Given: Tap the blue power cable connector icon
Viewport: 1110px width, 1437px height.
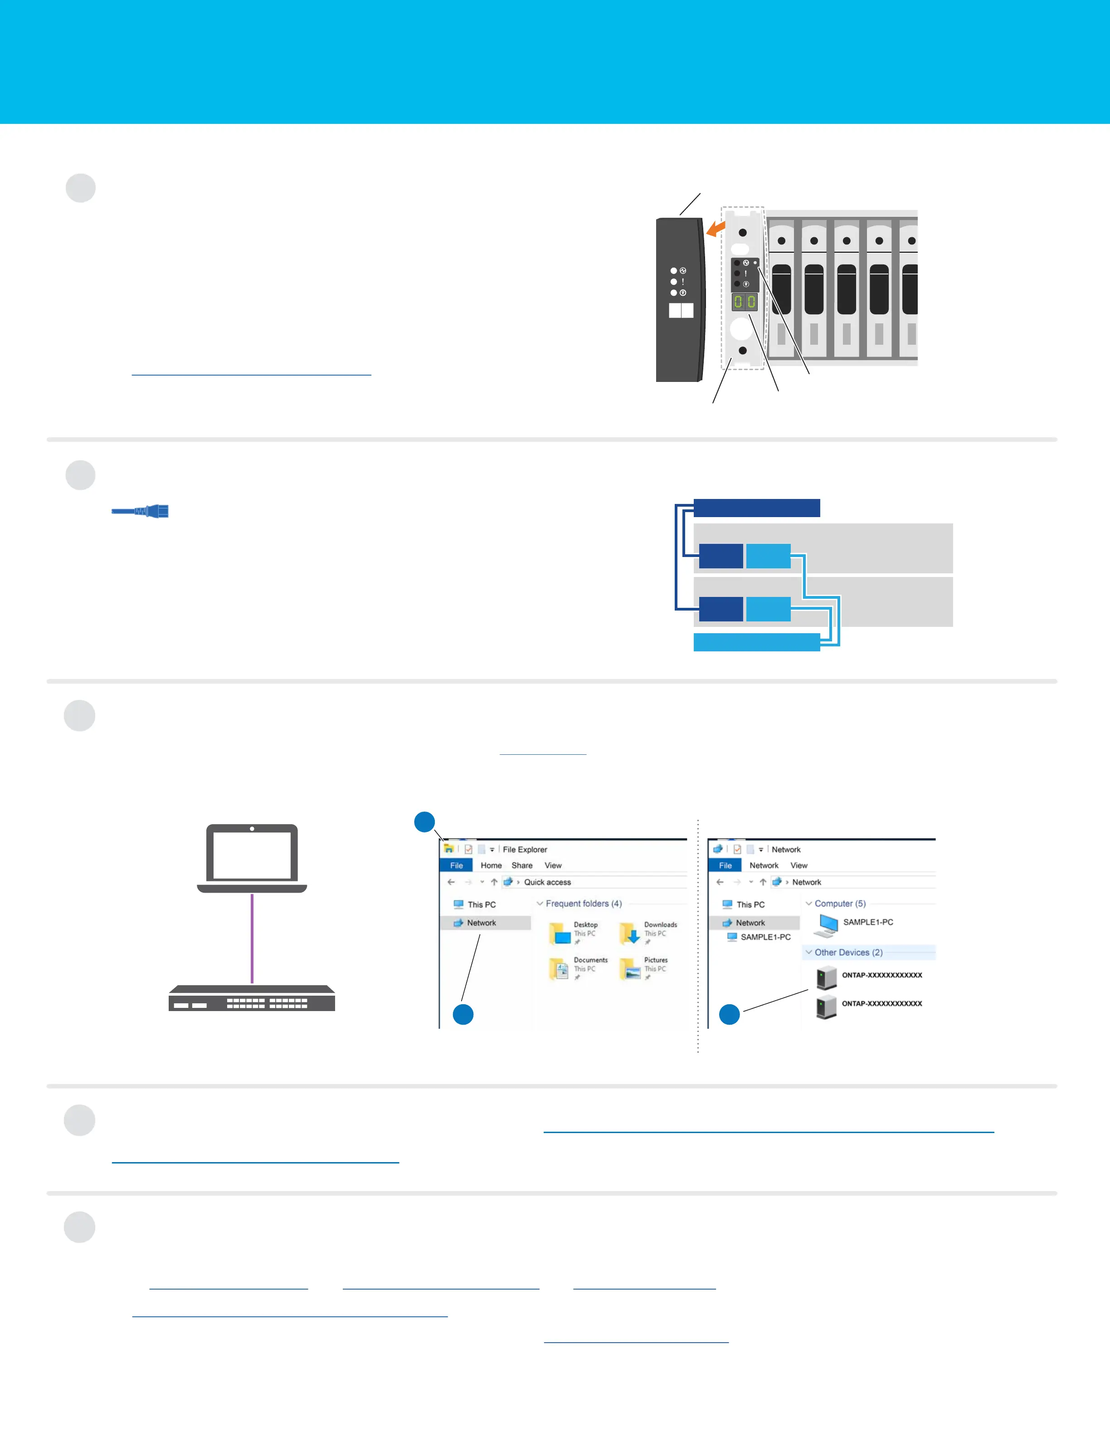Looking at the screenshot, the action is pos(141,511).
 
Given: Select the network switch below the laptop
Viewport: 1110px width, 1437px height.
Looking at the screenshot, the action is pos(252,997).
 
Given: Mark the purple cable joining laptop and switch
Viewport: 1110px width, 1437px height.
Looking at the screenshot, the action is pos(252,938).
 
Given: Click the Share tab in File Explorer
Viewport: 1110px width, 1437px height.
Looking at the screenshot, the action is pos(521,865).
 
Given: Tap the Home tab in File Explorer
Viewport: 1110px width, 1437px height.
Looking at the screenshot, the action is pos(491,865).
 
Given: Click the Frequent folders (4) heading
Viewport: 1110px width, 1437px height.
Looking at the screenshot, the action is pos(583,904).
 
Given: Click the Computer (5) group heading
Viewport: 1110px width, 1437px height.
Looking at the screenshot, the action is pos(840,904).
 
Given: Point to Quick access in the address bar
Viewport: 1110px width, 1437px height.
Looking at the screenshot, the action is pos(547,882).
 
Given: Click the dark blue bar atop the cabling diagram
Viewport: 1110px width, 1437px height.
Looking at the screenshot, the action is pos(756,508).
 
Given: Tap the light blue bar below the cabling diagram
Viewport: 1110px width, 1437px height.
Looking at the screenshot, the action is pos(756,642).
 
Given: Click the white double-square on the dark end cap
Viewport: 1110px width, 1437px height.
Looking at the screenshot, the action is pos(681,311).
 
